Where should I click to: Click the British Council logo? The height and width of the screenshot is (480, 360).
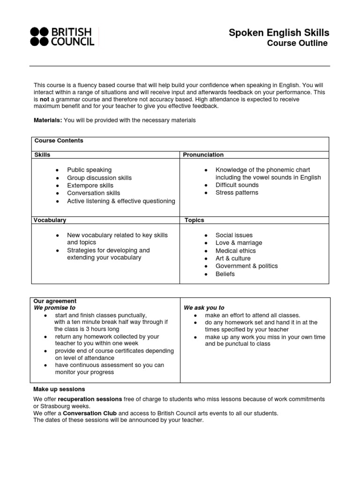(x=62, y=37)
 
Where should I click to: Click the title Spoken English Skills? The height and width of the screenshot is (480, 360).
(x=278, y=32)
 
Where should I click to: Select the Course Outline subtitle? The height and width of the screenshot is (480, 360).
(x=297, y=44)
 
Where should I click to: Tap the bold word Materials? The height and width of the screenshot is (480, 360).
(x=48, y=120)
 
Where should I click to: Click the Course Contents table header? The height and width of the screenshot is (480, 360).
(x=59, y=141)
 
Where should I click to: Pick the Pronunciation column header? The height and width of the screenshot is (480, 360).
(x=203, y=155)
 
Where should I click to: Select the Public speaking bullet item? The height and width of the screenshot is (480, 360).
(x=89, y=170)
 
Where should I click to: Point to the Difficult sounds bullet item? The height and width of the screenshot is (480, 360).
(x=237, y=185)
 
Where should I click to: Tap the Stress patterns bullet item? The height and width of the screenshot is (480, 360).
(x=237, y=193)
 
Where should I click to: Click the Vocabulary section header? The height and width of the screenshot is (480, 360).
(x=50, y=220)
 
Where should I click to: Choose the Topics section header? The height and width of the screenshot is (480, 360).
(x=194, y=220)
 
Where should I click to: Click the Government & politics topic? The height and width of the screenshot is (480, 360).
(x=247, y=266)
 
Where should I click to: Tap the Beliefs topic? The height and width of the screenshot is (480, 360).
(x=225, y=274)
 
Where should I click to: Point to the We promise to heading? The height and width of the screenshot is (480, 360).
(x=54, y=308)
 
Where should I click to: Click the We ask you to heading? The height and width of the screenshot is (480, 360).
(x=204, y=308)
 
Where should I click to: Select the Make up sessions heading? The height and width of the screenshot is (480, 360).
(x=59, y=389)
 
